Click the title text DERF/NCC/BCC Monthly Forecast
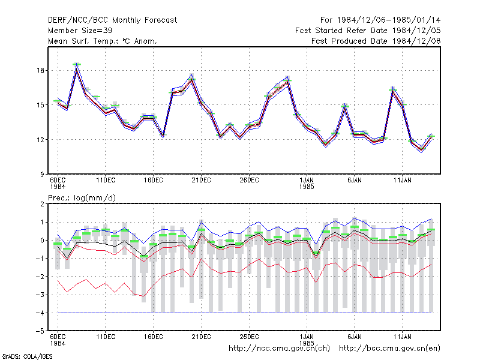pyautogui.click(x=112, y=20)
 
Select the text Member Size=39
pyautogui.click(x=80, y=31)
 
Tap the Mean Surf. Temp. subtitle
pyautogui.click(x=102, y=41)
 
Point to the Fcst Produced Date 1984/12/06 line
pyautogui.click(x=376, y=41)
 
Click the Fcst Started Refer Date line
pyautogui.click(x=368, y=31)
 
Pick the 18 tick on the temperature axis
pyautogui.click(x=40, y=70)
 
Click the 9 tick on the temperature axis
pyautogui.click(x=42, y=174)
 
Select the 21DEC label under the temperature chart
pyautogui.click(x=202, y=181)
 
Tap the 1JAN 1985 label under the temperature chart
pyautogui.click(x=307, y=184)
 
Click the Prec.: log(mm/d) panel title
pyautogui.click(x=82, y=198)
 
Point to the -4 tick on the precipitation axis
pyautogui.click(x=40, y=313)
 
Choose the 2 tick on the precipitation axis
pyautogui.click(x=42, y=204)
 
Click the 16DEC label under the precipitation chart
pyautogui.click(x=154, y=337)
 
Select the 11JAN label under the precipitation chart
pyautogui.click(x=402, y=337)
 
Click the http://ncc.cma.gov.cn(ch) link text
pyautogui.click(x=279, y=349)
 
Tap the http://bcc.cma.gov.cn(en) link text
pyautogui.click(x=389, y=349)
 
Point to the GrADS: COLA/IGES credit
pyautogui.click(x=27, y=356)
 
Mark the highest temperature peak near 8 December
pyautogui.click(x=77, y=65)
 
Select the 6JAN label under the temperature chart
pyautogui.click(x=355, y=181)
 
